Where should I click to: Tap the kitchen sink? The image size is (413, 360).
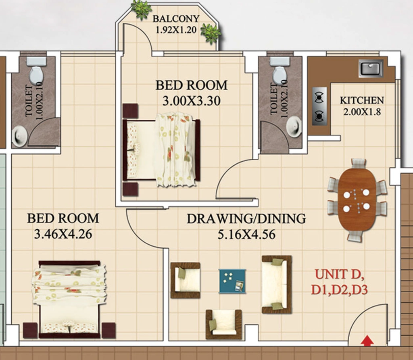[x=371, y=68]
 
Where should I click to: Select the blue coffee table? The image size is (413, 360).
[x=232, y=281]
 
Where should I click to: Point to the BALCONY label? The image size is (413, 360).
[x=176, y=19]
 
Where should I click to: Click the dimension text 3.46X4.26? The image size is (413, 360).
[x=63, y=234]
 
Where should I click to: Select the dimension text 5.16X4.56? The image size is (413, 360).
[x=246, y=234]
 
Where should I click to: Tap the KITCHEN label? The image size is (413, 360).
[x=362, y=100]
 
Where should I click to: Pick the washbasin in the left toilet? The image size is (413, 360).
[x=19, y=136]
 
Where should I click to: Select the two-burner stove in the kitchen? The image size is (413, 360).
[x=319, y=106]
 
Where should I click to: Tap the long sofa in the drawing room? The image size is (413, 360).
[x=277, y=285]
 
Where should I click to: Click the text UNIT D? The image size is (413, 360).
[x=339, y=275]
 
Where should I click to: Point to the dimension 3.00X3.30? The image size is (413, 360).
[x=192, y=101]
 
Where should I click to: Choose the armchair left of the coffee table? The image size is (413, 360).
[x=185, y=280]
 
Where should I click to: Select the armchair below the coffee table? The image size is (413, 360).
[x=223, y=325]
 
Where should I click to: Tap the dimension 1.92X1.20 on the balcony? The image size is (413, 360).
[x=176, y=30]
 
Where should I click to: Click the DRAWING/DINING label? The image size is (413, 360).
[x=246, y=219]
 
